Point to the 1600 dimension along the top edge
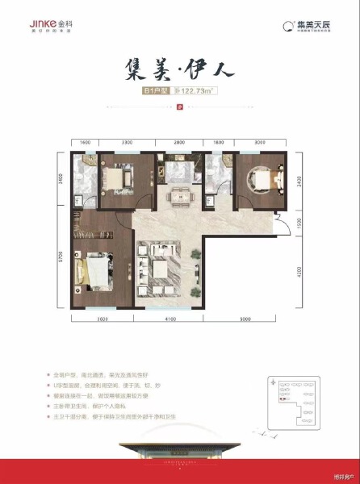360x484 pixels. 85,142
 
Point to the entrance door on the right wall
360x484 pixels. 278,218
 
